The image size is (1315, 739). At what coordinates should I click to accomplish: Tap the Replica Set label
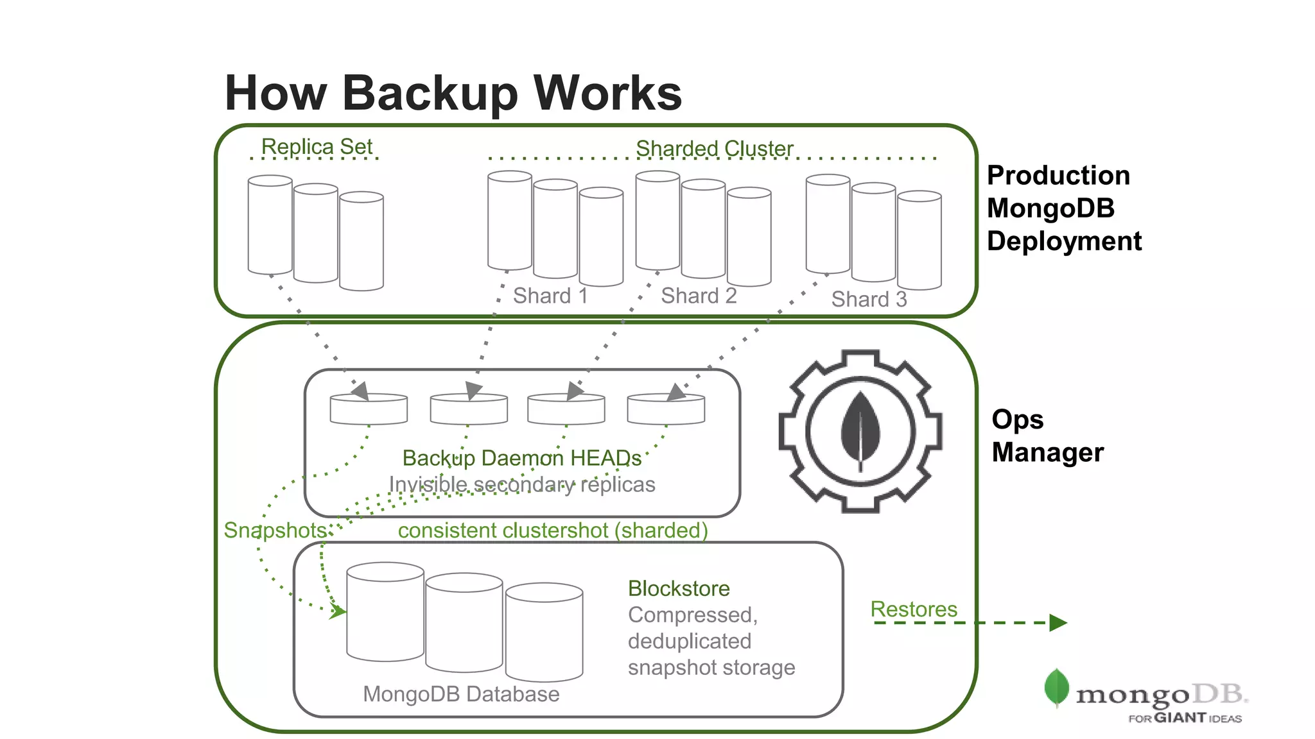tap(317, 147)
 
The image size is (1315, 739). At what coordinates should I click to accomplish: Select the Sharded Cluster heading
tap(714, 149)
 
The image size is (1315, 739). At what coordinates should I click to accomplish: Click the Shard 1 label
tap(550, 296)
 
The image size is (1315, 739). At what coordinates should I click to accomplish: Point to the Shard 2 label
tap(699, 296)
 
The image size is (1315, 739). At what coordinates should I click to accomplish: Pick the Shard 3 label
tap(869, 299)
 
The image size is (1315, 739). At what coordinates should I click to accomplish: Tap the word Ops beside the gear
tap(1017, 420)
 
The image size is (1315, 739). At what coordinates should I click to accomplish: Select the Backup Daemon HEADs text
tap(521, 458)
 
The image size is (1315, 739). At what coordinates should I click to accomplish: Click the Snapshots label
tap(276, 531)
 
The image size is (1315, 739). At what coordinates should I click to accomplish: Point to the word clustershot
tap(554, 531)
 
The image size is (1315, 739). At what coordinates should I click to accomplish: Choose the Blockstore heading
tap(679, 588)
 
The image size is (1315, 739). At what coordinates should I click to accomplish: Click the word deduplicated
tap(689, 641)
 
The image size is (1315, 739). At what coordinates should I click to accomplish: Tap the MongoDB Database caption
tap(461, 694)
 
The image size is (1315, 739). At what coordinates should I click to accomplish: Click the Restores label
tap(913, 609)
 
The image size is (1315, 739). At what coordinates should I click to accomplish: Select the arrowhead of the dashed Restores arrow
tap(1058, 622)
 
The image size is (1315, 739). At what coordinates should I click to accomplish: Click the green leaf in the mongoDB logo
tap(1056, 686)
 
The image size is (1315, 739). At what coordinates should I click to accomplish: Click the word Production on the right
tap(1058, 175)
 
